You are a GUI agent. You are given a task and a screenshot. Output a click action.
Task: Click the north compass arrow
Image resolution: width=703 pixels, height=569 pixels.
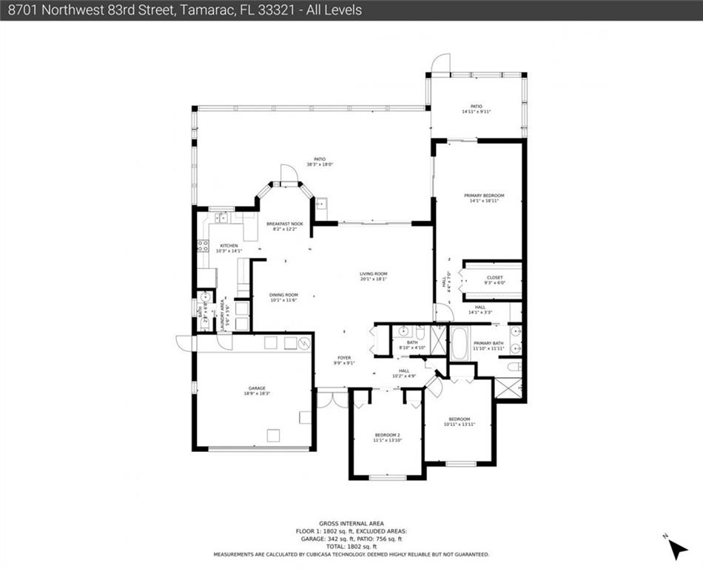[x=676, y=548]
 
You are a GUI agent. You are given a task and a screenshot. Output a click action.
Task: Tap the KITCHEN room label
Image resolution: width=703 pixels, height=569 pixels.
[x=226, y=245]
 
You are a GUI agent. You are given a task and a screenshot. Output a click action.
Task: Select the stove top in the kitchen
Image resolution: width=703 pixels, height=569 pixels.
[x=203, y=246]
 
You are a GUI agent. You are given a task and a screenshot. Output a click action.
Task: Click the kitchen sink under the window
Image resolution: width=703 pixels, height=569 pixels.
[x=221, y=218]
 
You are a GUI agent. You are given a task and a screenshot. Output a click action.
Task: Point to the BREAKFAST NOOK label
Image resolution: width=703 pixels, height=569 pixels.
[x=285, y=224]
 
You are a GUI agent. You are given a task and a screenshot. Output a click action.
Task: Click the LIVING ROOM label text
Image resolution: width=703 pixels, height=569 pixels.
[x=373, y=273]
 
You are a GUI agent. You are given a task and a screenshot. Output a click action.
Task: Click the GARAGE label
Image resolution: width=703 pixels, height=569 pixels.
[x=257, y=387]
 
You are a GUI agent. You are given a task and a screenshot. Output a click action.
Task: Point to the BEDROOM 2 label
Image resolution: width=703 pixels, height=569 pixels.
[x=387, y=435]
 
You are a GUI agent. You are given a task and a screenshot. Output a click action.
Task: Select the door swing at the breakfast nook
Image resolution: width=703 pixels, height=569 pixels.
[x=288, y=174]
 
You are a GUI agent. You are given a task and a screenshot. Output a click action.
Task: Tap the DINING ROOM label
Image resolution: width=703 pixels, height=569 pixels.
[x=283, y=294]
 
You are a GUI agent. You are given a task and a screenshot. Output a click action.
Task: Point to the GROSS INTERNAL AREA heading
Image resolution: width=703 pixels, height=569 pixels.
[x=351, y=523]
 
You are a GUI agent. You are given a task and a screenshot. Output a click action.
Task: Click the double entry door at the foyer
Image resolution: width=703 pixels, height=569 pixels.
[x=332, y=399]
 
